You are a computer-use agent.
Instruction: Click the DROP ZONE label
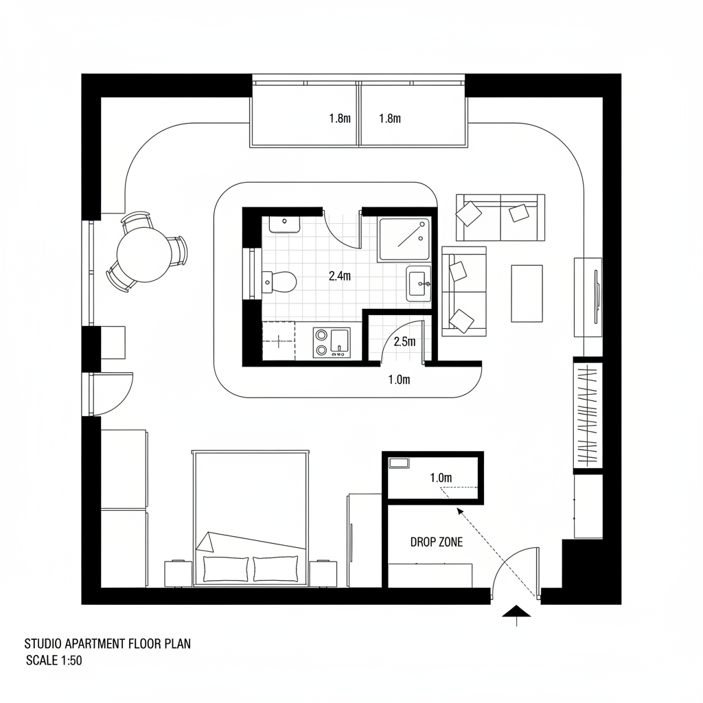pyautogui.click(x=436, y=542)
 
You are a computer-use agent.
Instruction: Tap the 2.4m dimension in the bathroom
pyautogui.click(x=339, y=276)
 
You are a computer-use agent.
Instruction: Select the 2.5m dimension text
pyautogui.click(x=405, y=341)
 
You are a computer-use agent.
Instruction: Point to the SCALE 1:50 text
pyautogui.click(x=54, y=660)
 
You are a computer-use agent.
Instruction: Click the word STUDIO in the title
pyautogui.click(x=43, y=643)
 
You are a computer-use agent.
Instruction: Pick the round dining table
pyautogui.click(x=144, y=255)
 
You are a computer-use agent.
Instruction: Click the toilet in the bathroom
pyautogui.click(x=281, y=281)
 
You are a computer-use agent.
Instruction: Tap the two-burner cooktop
pyautogui.click(x=321, y=342)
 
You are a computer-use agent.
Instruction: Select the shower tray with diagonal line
pyautogui.click(x=404, y=238)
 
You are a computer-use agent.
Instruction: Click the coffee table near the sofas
pyautogui.click(x=527, y=293)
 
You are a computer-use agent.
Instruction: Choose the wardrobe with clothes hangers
pyautogui.click(x=588, y=415)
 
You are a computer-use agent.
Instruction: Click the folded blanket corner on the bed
pyautogui.click(x=206, y=542)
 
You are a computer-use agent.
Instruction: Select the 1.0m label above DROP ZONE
pyautogui.click(x=440, y=477)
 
